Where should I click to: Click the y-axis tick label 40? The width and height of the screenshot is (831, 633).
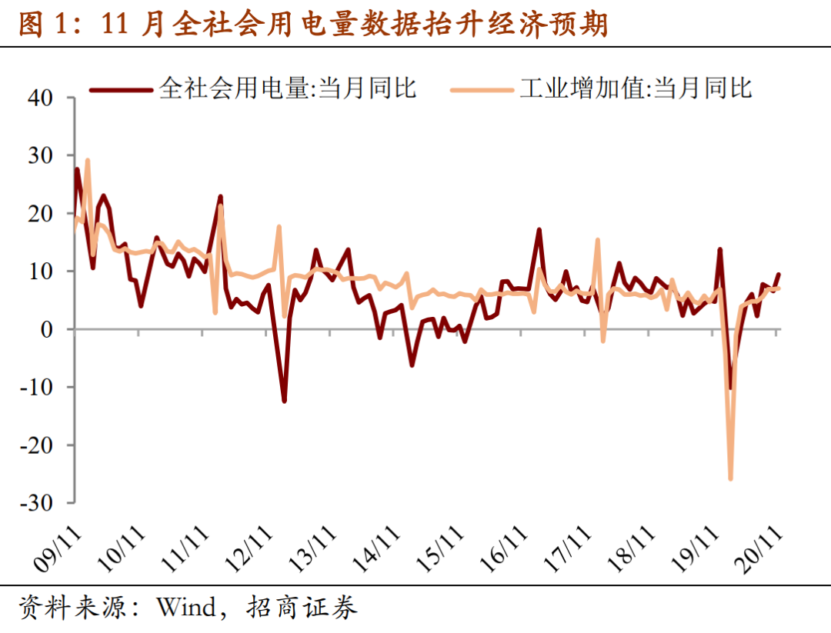pos(42,98)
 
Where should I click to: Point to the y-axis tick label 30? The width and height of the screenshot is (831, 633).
pos(42,155)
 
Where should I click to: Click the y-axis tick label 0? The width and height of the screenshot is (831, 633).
pos(47,329)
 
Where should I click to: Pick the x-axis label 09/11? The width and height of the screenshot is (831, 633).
pos(57,548)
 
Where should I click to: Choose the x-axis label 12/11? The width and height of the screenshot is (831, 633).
pos(250,548)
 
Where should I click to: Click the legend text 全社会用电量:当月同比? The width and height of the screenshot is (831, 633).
pos(288,88)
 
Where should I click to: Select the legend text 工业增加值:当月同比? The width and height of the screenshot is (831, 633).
pos(636,88)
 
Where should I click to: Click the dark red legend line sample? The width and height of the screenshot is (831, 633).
pos(121,89)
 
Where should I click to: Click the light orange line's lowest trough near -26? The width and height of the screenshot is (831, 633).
pos(730,478)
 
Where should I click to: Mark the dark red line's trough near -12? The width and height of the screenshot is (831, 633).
pos(284,401)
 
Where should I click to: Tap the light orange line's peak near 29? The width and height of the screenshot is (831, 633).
pos(88,161)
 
